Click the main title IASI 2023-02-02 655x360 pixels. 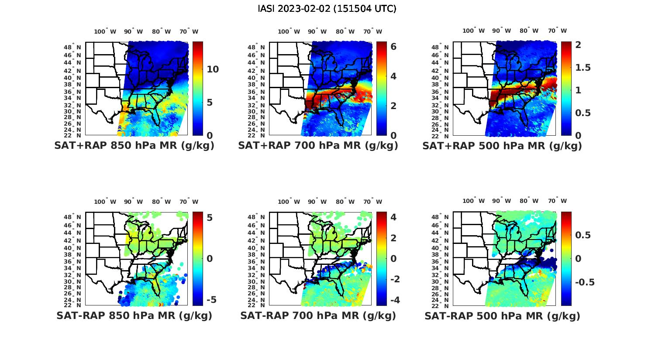click(x=327, y=9)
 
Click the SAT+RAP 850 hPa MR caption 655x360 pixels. click(x=134, y=146)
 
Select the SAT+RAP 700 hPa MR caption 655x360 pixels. click(x=318, y=146)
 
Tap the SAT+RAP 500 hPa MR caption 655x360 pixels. click(x=502, y=146)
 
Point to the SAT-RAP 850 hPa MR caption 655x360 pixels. click(x=134, y=315)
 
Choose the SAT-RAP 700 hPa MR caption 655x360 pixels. click(x=318, y=315)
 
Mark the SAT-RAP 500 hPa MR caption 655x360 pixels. click(x=502, y=315)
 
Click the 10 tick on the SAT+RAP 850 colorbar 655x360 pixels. click(x=213, y=69)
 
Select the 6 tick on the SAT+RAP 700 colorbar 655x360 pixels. click(x=393, y=46)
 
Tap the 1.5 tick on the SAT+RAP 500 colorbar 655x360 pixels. click(x=583, y=68)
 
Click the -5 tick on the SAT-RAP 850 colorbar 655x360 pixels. click(x=211, y=300)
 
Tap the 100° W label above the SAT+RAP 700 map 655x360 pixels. click(x=289, y=31)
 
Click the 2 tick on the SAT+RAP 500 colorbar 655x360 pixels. click(x=578, y=45)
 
